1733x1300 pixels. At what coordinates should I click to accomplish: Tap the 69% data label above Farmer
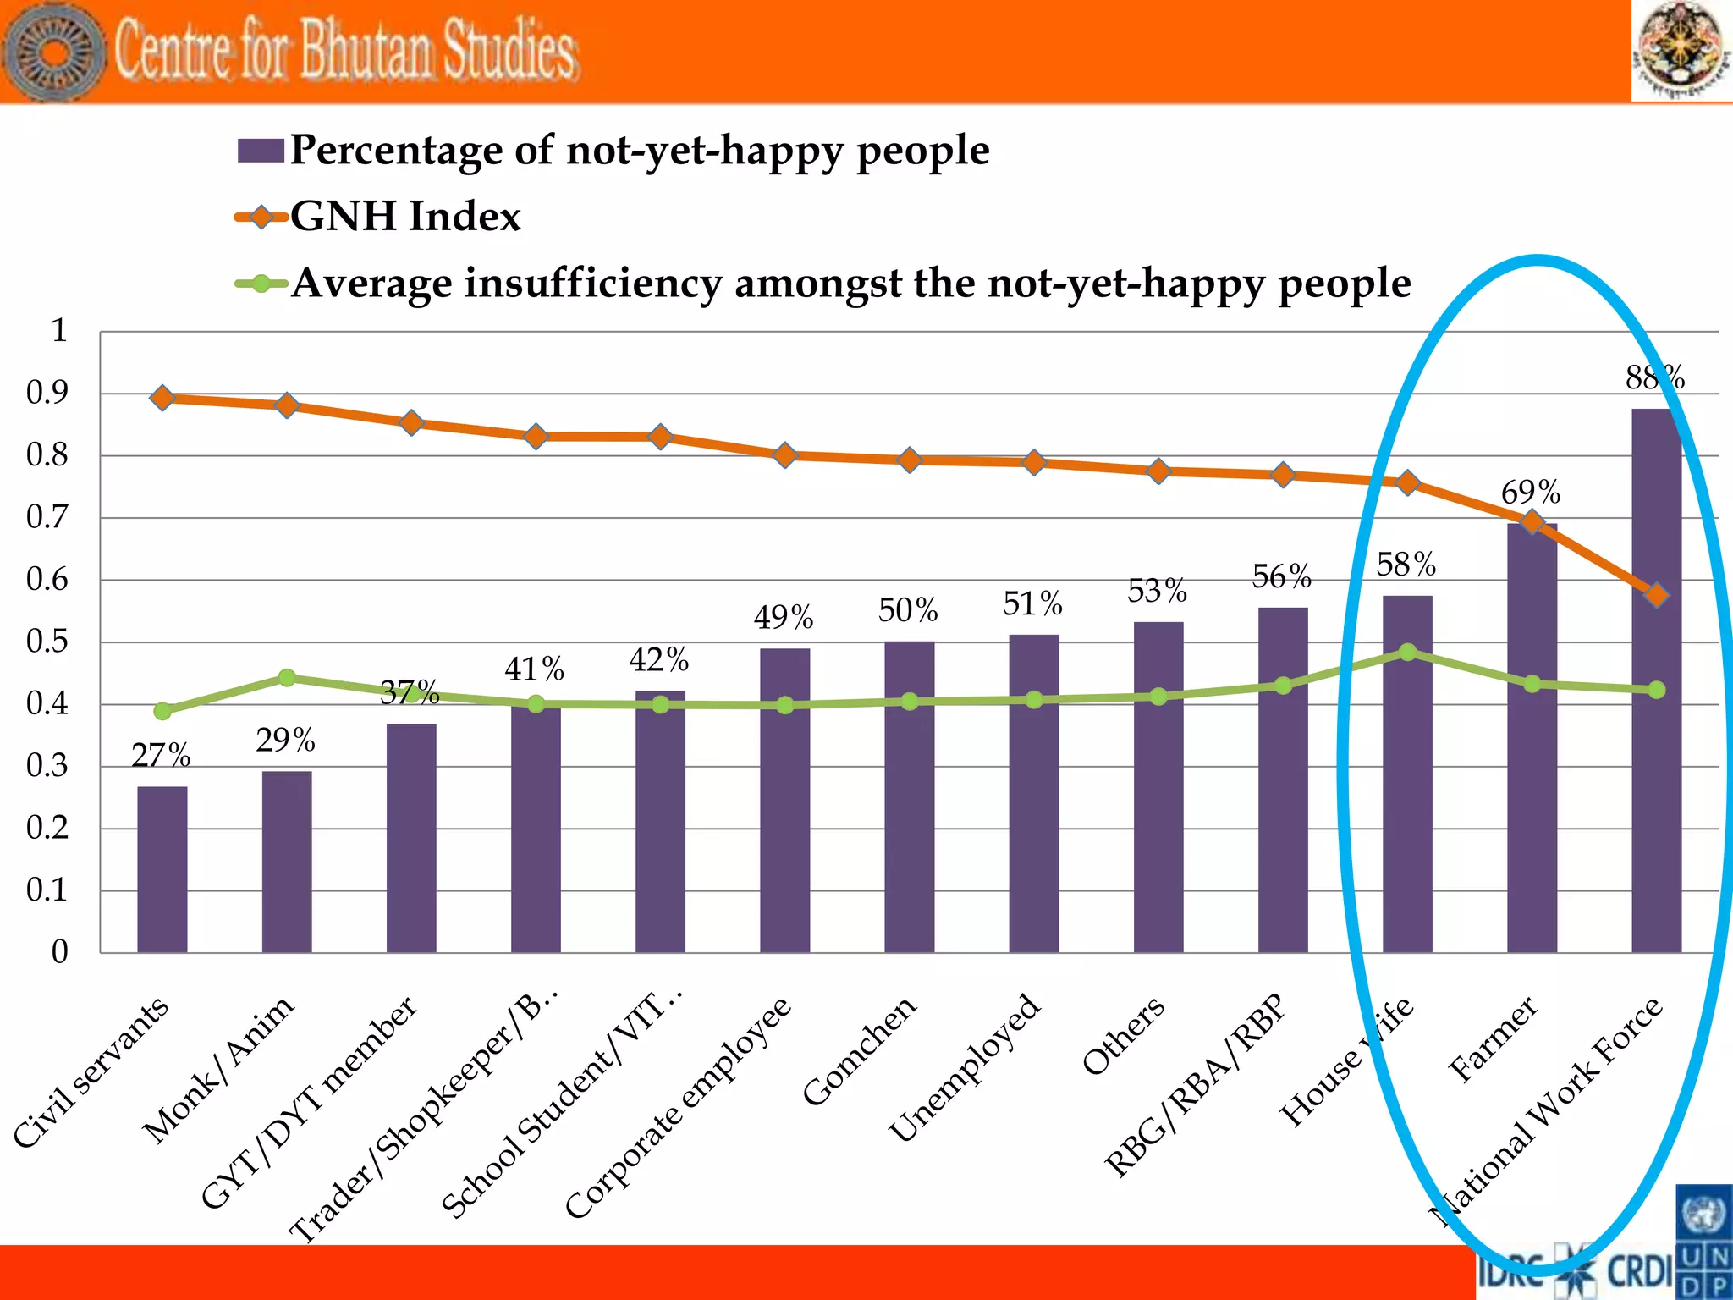(1531, 493)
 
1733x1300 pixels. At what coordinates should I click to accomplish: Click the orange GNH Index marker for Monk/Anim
(287, 405)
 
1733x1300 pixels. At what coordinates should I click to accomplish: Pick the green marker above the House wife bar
(1407, 652)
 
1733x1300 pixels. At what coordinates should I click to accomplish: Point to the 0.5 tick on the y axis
(47, 642)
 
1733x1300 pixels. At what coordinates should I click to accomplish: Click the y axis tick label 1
(58, 330)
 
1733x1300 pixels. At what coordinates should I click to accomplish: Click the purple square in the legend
(260, 151)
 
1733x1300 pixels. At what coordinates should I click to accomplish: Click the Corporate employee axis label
(677, 1109)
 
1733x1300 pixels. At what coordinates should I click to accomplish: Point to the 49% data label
(784, 618)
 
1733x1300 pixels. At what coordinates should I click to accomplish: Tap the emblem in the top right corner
(1681, 51)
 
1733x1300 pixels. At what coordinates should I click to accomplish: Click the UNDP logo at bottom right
(1703, 1242)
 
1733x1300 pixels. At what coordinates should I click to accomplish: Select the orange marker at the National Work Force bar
(1656, 595)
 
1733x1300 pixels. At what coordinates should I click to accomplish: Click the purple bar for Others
(1158, 787)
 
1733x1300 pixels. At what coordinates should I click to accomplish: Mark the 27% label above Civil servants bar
(161, 755)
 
